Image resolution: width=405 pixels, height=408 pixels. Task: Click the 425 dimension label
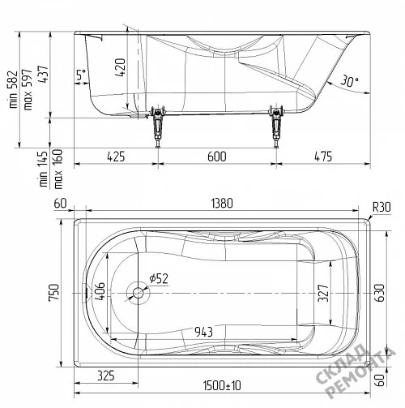click(x=116, y=157)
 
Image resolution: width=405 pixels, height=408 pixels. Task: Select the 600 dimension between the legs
click(x=217, y=157)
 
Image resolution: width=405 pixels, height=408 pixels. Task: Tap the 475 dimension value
click(x=323, y=157)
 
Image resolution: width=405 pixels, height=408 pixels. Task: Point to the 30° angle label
click(x=349, y=80)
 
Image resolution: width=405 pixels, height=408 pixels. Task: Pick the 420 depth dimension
click(x=121, y=67)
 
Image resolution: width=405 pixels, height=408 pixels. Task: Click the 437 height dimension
click(x=43, y=75)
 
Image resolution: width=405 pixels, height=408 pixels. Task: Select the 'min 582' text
click(x=14, y=89)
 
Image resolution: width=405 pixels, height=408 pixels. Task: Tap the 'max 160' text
click(x=58, y=169)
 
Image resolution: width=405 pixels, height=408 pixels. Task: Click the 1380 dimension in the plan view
click(x=222, y=204)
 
